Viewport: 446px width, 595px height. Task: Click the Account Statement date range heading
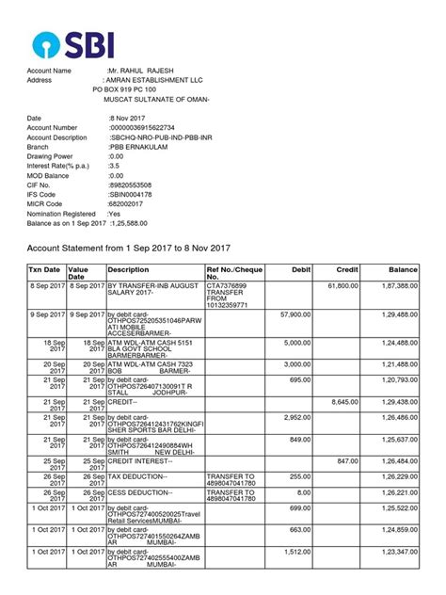coord(128,248)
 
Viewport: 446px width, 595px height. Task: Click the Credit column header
coord(347,269)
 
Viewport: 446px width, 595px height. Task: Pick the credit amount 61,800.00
coord(341,285)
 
